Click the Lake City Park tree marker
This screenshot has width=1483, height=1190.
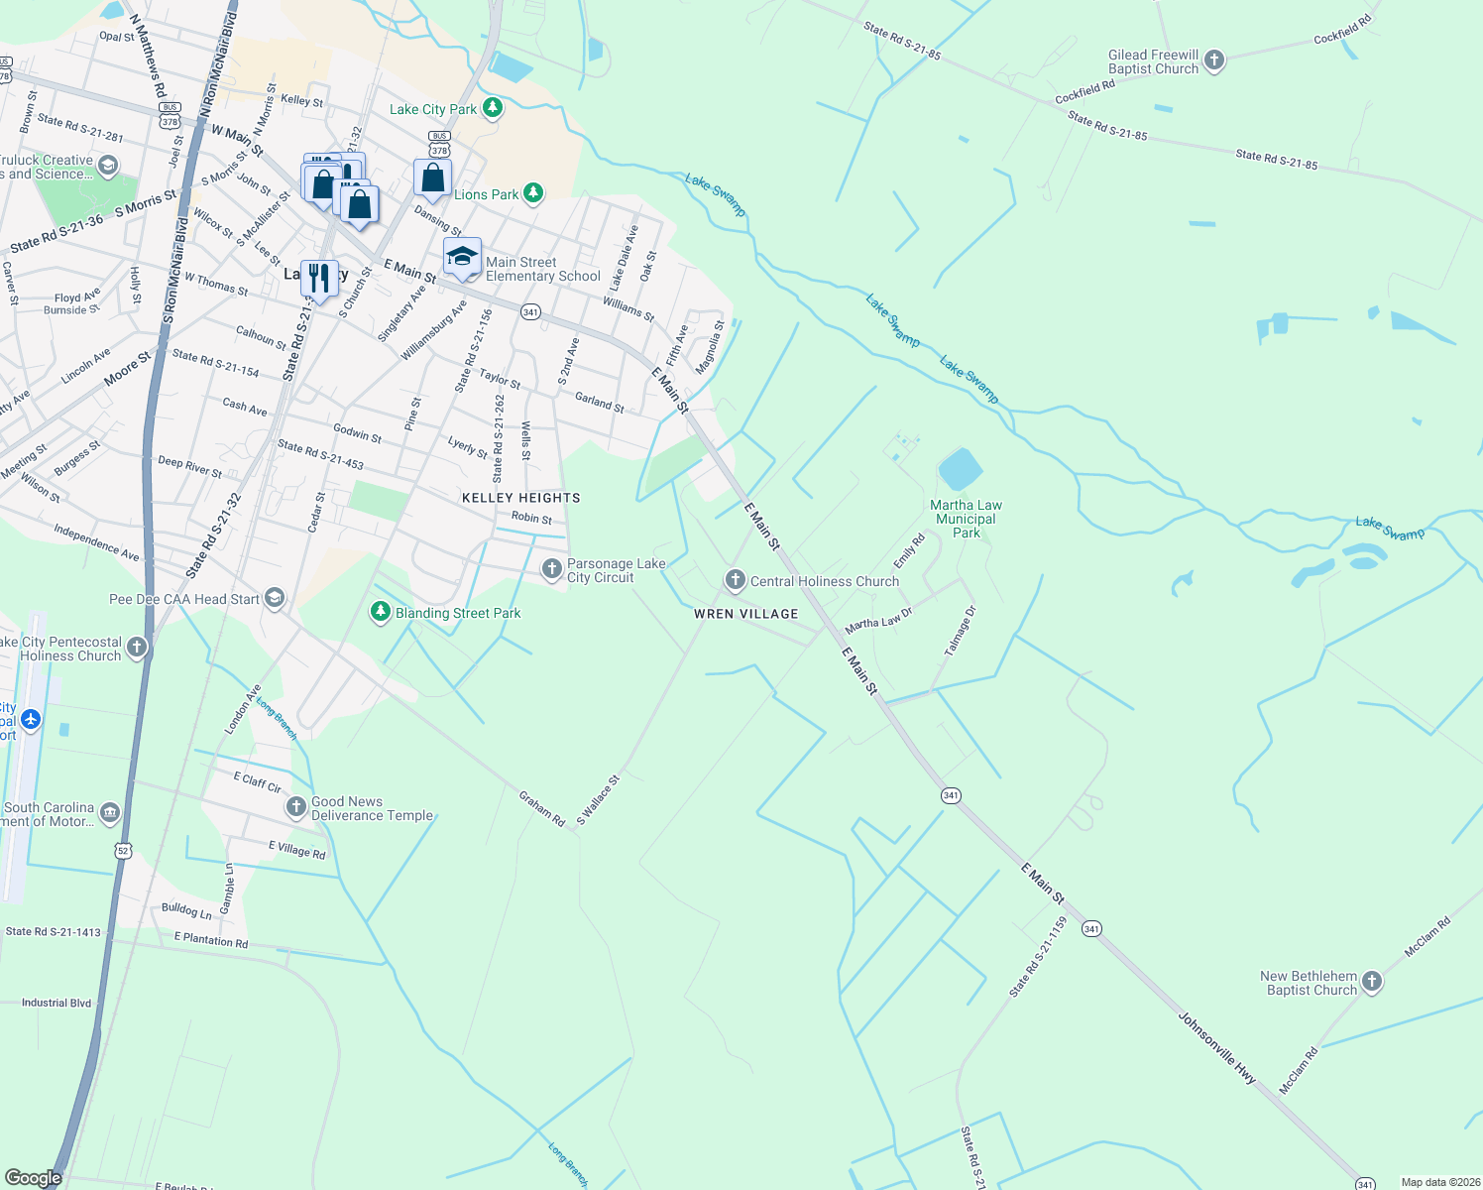[x=493, y=108]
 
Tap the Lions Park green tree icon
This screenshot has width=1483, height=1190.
[x=533, y=193]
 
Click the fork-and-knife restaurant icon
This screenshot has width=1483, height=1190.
[x=318, y=277]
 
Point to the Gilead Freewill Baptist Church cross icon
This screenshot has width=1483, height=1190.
[x=1214, y=60]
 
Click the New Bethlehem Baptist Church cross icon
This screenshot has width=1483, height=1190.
[x=1372, y=982]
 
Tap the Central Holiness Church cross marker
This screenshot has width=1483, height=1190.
[x=735, y=580]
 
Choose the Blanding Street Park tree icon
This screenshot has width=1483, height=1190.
[x=380, y=612]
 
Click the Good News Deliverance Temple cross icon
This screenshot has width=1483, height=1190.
[x=296, y=807]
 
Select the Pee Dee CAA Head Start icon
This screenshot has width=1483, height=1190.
[x=275, y=598]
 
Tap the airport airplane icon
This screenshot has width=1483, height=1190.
[x=31, y=719]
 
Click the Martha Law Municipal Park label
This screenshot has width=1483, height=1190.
[x=966, y=519]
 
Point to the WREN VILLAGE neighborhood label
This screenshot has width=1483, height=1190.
[x=745, y=614]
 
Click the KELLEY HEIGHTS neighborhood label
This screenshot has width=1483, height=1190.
[x=520, y=498]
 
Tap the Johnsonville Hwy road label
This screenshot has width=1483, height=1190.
[x=1217, y=1047]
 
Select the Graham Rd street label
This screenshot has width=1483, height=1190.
[x=542, y=808]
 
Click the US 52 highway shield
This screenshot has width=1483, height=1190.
[x=123, y=850]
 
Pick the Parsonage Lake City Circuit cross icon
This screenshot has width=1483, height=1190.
[x=551, y=569]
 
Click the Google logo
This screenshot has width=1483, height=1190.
[x=34, y=1177]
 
